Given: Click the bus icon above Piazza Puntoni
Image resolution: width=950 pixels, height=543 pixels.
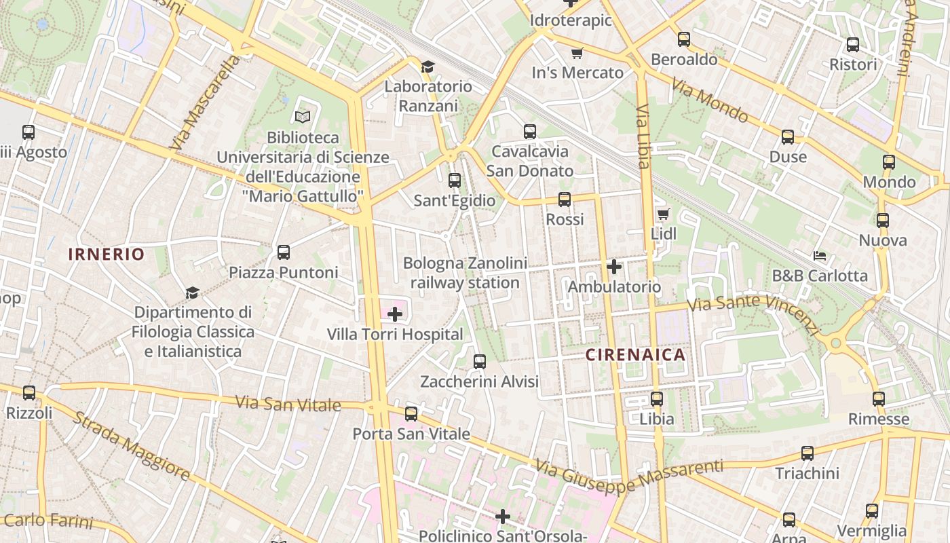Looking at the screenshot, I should pyautogui.click(x=284, y=252).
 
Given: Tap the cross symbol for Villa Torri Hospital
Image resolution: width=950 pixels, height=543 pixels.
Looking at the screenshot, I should pyautogui.click(x=394, y=314).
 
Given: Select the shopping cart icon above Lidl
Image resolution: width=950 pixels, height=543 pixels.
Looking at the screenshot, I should pyautogui.click(x=663, y=214).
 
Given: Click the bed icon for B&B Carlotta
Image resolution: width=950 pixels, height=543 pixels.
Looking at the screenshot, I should pyautogui.click(x=820, y=256).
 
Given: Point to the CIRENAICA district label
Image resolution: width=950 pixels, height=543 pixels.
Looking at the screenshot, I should pyautogui.click(x=635, y=355).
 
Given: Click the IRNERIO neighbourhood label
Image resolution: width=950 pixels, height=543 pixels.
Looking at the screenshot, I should pyautogui.click(x=107, y=255).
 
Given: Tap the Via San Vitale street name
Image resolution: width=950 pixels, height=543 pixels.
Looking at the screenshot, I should pyautogui.click(x=288, y=404).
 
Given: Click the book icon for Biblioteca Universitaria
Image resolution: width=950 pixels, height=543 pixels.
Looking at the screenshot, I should pyautogui.click(x=303, y=117).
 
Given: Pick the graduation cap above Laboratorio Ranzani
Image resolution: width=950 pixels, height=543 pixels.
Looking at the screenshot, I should pyautogui.click(x=427, y=67).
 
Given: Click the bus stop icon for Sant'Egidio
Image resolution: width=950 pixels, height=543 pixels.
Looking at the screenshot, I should pyautogui.click(x=455, y=181).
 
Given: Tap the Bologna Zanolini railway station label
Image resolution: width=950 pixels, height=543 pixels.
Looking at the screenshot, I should pyautogui.click(x=465, y=273).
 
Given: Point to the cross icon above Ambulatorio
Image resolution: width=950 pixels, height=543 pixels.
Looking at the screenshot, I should pyautogui.click(x=614, y=267).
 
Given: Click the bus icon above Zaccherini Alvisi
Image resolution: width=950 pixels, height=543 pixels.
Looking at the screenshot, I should pyautogui.click(x=480, y=362).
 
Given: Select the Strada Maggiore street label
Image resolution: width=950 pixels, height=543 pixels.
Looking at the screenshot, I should pyautogui.click(x=132, y=447).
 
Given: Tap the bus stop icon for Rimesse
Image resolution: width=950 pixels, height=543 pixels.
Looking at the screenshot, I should pyautogui.click(x=879, y=399).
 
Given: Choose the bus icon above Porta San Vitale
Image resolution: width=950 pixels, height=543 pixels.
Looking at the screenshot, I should pyautogui.click(x=411, y=413).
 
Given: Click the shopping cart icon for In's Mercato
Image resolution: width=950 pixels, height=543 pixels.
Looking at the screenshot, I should pyautogui.click(x=577, y=53).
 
